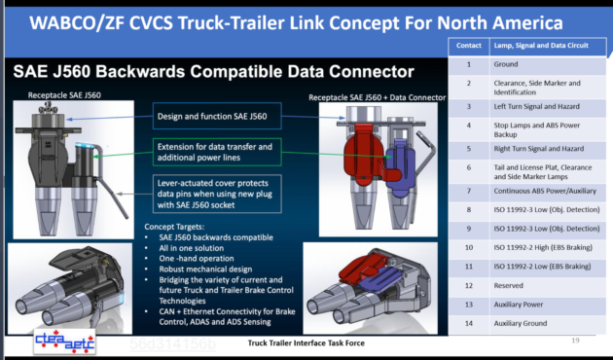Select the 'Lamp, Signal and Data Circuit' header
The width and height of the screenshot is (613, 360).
pos(542,46)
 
